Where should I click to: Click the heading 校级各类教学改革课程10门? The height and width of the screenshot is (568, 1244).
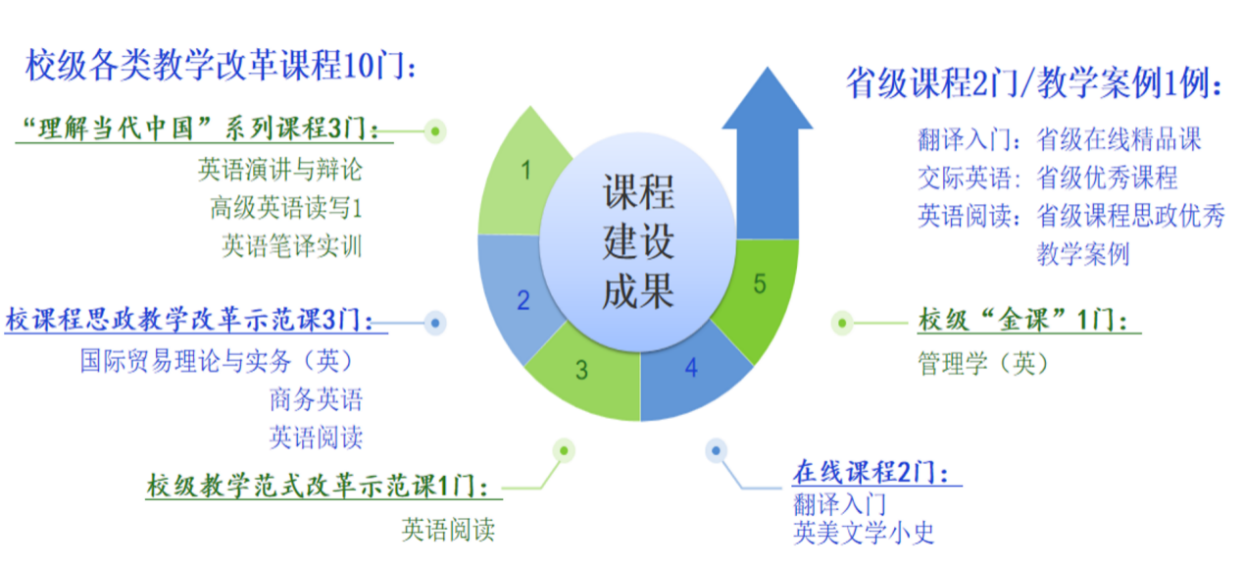click(x=222, y=67)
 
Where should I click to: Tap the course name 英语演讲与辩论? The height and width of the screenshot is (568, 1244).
click(x=279, y=170)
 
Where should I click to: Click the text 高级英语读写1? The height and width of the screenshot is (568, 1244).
click(x=285, y=208)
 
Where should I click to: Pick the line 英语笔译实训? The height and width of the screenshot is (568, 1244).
click(x=291, y=245)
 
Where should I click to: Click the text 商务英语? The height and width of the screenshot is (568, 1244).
click(x=316, y=399)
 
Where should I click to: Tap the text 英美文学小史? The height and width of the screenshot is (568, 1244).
click(x=864, y=534)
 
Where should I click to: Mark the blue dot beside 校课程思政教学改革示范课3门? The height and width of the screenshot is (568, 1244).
click(x=436, y=321)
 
